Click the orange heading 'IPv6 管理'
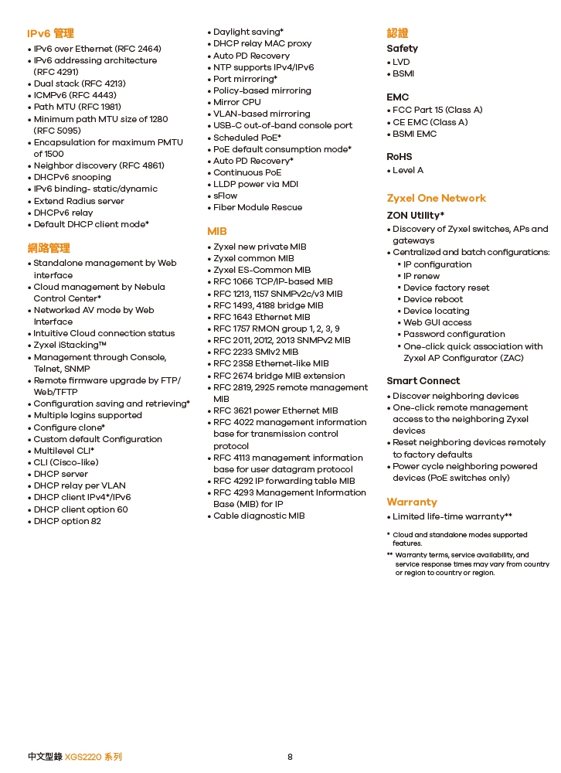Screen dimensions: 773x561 50,33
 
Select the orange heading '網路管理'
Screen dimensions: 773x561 49,248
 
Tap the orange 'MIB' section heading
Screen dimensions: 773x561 217,231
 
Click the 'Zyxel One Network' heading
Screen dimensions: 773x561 436,198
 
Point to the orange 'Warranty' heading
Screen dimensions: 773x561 412,502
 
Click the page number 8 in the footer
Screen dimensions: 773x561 290,757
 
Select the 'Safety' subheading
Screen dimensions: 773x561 402,48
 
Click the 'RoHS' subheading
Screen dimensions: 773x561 399,156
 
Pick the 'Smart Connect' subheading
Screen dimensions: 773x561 423,380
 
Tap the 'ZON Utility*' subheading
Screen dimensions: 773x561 415,215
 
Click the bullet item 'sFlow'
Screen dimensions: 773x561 226,196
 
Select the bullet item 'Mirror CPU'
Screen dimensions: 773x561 236,102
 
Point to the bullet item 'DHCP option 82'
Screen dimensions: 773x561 67,521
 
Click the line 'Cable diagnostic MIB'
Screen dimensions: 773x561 259,516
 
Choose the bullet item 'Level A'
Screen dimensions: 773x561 408,170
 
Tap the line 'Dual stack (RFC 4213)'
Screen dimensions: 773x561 80,83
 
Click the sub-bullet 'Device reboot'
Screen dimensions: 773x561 433,299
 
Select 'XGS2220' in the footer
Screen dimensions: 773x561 83,757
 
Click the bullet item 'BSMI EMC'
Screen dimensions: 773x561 414,134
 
